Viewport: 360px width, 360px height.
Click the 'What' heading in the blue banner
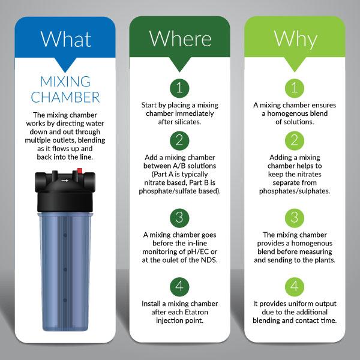point(65,39)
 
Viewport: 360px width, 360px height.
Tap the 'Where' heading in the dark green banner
point(180,38)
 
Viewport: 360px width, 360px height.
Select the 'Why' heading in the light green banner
point(295,40)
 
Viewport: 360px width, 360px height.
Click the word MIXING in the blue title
point(65,82)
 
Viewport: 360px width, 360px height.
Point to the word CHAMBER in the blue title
point(65,97)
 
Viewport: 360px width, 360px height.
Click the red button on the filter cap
point(79,171)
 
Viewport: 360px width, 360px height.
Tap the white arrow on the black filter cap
point(65,181)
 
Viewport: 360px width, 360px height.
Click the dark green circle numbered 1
point(179,88)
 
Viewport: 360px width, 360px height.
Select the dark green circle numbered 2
point(179,141)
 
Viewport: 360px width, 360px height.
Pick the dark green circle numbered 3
point(179,218)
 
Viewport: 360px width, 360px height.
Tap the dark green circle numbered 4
point(179,287)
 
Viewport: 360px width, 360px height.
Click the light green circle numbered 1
point(295,88)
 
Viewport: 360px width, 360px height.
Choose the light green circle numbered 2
point(295,141)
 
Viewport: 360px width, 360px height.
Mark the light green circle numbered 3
point(295,218)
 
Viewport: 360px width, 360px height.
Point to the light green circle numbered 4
point(295,287)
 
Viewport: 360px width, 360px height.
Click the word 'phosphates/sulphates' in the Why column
point(295,191)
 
